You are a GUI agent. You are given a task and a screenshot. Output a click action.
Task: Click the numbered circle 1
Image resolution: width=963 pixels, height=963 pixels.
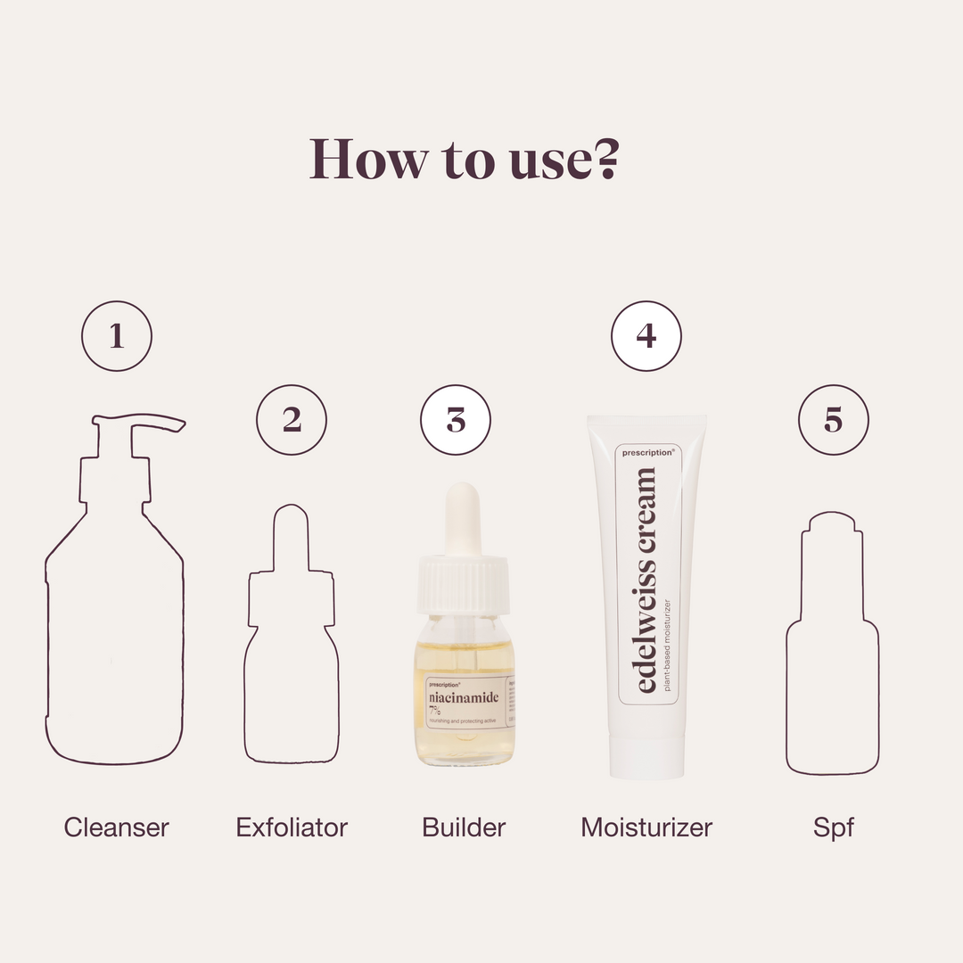117,336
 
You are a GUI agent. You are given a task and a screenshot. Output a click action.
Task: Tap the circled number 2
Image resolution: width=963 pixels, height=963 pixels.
292,420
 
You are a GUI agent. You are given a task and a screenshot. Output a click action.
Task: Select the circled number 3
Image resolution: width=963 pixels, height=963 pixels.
456,420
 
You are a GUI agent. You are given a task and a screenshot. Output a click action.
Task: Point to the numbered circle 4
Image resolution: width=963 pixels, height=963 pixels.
646,336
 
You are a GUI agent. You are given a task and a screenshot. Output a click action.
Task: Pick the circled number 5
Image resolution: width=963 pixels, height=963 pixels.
833,420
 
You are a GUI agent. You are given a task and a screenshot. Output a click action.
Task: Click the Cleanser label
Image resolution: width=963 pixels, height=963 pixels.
117,827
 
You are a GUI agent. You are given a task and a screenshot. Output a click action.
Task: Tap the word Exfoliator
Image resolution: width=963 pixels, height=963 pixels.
292,827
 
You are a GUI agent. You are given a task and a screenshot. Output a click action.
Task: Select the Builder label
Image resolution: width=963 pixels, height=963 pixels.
464,827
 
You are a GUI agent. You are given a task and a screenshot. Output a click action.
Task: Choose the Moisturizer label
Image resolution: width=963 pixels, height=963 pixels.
646,827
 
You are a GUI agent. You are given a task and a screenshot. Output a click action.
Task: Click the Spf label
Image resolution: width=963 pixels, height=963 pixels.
833,827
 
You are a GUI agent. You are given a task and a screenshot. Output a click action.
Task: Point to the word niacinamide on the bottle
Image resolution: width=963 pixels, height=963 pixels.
464,697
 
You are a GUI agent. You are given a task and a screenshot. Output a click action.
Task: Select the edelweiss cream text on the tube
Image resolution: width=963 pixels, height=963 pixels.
646,580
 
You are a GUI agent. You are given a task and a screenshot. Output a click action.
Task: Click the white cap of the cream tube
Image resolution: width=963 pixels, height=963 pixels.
646,758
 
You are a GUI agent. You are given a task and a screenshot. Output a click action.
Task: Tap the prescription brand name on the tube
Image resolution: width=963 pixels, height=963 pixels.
648,453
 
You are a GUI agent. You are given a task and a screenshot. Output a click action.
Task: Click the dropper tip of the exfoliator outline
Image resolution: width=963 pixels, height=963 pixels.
292,526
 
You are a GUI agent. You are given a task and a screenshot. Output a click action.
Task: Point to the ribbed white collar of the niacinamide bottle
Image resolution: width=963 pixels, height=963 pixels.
464,585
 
